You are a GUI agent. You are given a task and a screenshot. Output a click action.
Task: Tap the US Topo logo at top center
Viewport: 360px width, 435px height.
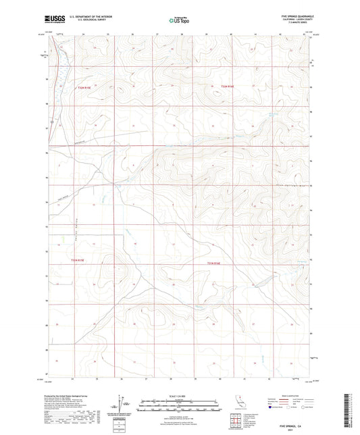click(x=180, y=20)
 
